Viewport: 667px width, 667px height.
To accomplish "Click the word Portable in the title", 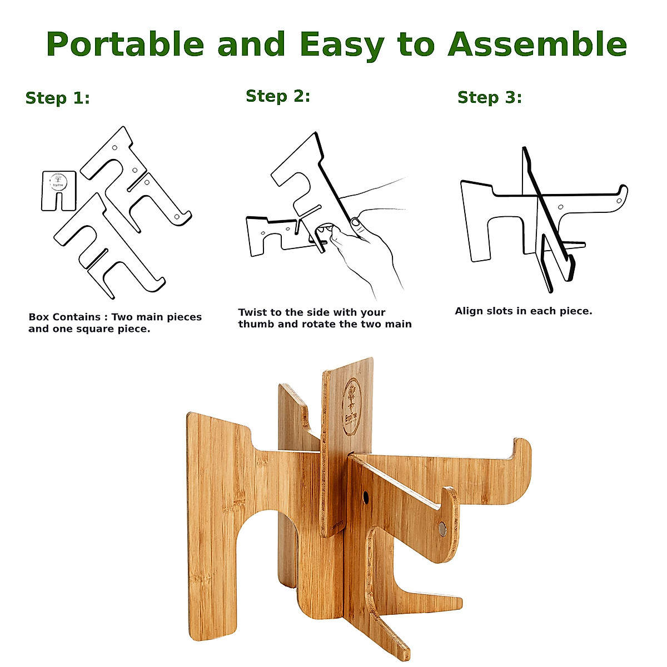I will tap(125, 44).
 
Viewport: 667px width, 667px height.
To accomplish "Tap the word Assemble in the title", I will tap(537, 44).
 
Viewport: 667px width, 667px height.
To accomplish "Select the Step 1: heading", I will tap(57, 98).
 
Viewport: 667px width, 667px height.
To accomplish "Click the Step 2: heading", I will tap(278, 96).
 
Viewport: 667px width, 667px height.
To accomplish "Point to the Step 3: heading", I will tap(489, 97).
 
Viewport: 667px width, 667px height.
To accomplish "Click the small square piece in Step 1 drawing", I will tap(58, 191).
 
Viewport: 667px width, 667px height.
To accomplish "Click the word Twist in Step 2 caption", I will tap(253, 312).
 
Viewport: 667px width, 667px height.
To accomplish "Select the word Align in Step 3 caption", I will tap(469, 311).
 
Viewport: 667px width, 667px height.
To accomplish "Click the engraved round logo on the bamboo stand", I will tap(352, 400).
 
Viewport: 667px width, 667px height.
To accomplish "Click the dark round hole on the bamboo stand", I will tap(366, 496).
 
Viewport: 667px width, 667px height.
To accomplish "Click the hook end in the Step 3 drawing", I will tap(621, 194).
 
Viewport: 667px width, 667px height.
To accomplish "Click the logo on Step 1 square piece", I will tap(56, 181).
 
